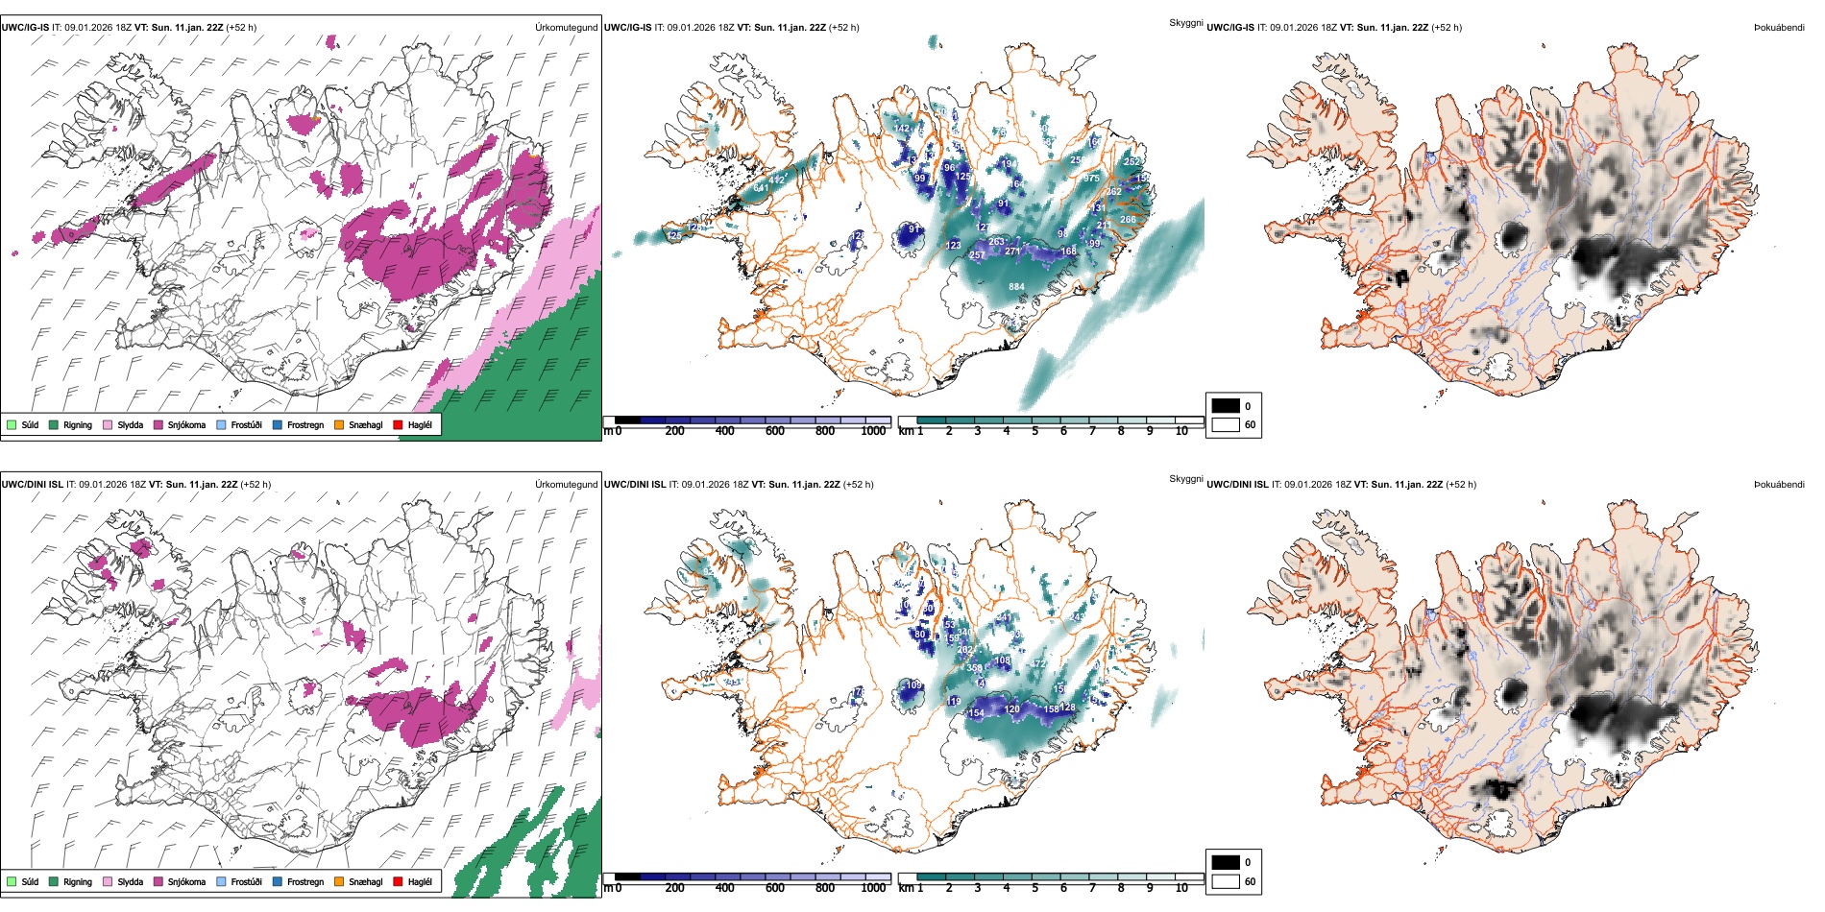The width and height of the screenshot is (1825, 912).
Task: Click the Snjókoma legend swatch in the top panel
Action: (158, 424)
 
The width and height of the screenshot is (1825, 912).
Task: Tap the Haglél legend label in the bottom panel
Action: (420, 881)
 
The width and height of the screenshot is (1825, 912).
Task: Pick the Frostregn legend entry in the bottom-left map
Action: (304, 881)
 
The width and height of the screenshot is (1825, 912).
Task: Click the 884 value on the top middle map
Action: (1016, 286)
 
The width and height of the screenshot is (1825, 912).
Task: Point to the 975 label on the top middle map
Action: (1091, 179)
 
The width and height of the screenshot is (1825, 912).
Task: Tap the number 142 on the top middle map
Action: (901, 129)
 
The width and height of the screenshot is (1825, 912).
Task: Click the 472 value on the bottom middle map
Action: (1038, 663)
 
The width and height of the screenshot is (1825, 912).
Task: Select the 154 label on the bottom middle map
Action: (976, 713)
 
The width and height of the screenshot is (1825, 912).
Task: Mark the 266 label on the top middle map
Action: (1128, 220)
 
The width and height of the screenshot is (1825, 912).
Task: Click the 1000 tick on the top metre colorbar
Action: (873, 431)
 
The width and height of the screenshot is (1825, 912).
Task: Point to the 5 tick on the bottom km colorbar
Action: (1034, 888)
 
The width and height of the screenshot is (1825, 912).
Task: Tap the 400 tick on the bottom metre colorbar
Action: (725, 888)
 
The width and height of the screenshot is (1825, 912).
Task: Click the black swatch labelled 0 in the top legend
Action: (1226, 405)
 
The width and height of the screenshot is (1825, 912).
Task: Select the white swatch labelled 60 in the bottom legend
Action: (1226, 881)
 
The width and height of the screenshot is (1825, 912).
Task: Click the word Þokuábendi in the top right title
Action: (1779, 28)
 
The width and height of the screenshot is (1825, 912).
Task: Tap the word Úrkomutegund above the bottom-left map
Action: (566, 485)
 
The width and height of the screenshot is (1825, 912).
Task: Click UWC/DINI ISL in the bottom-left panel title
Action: (32, 485)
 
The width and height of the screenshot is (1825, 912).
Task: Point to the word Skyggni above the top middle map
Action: (1185, 22)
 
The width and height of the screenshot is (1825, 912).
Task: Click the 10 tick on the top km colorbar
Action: (1181, 431)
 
